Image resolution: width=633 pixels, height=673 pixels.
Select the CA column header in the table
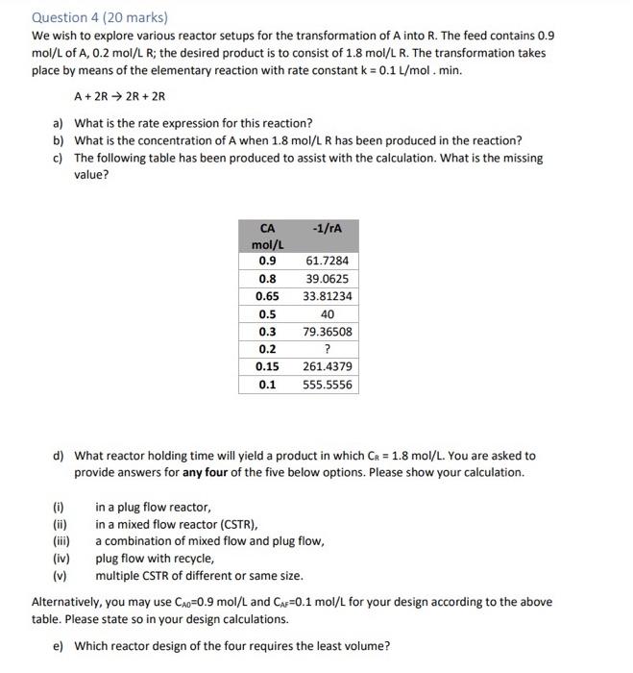click(268, 228)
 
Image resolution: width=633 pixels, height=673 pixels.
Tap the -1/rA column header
click(327, 228)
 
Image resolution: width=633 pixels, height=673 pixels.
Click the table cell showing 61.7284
click(327, 261)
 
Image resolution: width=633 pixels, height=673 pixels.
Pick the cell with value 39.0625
click(327, 279)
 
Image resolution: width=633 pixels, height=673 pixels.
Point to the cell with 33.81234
click(327, 296)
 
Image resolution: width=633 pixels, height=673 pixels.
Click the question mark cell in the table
click(327, 349)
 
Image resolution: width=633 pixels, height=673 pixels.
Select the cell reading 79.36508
click(327, 332)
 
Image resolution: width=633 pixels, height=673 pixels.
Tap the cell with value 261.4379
click(327, 367)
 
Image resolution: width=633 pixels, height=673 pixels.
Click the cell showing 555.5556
click(327, 385)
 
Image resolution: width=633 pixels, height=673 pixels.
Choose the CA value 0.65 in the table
click(268, 296)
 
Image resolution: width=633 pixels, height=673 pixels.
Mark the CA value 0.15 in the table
click(268, 367)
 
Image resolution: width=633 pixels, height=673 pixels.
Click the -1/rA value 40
click(327, 314)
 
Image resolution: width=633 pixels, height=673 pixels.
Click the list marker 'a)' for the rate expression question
click(59, 124)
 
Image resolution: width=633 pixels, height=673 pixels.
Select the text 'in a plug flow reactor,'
click(153, 507)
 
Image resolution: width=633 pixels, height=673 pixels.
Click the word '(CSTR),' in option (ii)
click(236, 524)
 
